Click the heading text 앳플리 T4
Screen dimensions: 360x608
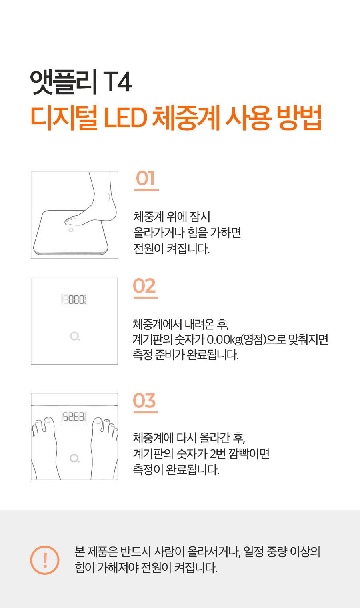(x=81, y=82)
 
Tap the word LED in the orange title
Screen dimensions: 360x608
(x=126, y=118)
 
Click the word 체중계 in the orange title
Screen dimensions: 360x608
(x=186, y=118)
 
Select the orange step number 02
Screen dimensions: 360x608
(x=144, y=286)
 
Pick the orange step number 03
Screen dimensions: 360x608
(x=144, y=401)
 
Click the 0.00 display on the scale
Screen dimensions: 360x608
(x=74, y=299)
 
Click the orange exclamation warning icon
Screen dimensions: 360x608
(x=45, y=560)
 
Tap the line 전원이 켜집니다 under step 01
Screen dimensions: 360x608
(x=172, y=249)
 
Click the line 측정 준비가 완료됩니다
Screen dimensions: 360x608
(x=186, y=355)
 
